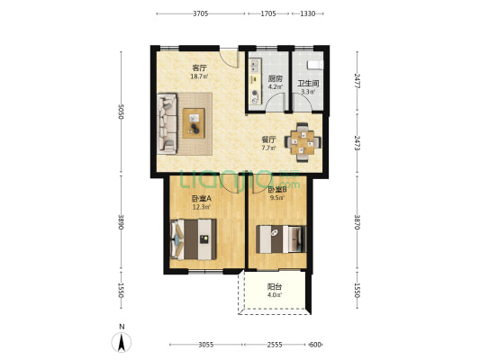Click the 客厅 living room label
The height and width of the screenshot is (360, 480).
pyautogui.click(x=197, y=68)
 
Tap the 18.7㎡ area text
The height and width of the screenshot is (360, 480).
pyautogui.click(x=197, y=76)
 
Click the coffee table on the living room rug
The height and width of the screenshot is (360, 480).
pyautogui.click(x=195, y=121)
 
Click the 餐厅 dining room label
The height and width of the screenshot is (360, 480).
pyautogui.click(x=268, y=139)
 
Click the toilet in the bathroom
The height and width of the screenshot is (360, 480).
pyautogui.click(x=314, y=63)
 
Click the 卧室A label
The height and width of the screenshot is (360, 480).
pyautogui.click(x=200, y=199)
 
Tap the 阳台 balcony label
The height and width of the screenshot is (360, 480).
pyautogui.click(x=274, y=287)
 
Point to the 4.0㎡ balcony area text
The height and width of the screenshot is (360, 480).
pyautogui.click(x=274, y=295)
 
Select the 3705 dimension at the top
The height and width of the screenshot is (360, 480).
pyautogui.click(x=200, y=14)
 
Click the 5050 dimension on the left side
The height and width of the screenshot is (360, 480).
pyautogui.click(x=118, y=112)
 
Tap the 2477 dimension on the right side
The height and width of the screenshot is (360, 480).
pyautogui.click(x=358, y=79)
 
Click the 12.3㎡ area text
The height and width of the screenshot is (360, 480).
pyautogui.click(x=200, y=207)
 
